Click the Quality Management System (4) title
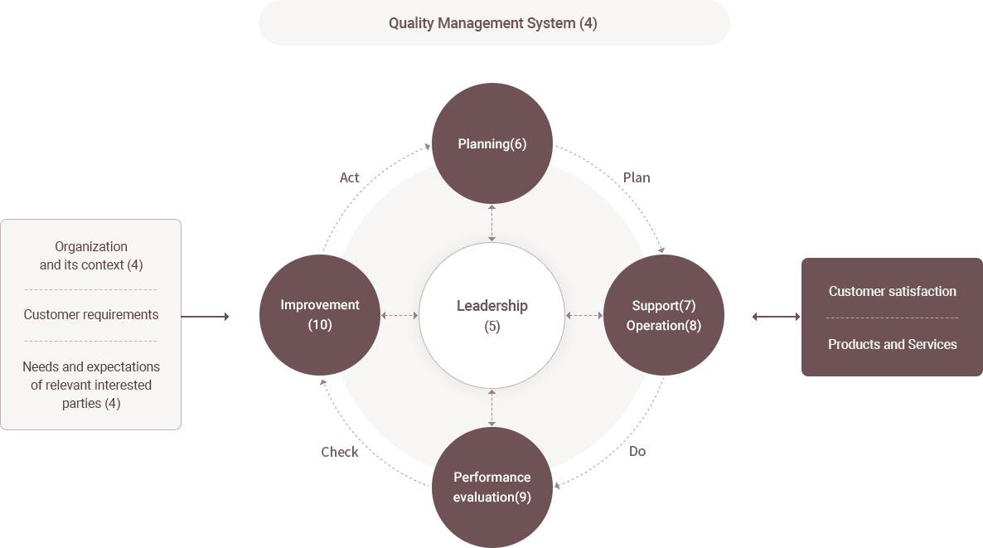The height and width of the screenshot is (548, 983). (x=493, y=23)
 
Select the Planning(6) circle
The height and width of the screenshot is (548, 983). (x=492, y=143)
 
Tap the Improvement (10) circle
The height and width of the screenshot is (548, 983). (x=320, y=315)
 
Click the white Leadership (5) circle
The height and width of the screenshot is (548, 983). (x=492, y=315)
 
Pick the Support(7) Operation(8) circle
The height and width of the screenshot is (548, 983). (x=664, y=315)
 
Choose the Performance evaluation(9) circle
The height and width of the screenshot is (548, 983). (x=492, y=487)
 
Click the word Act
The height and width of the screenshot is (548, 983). (x=349, y=177)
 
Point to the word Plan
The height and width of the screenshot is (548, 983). (x=637, y=177)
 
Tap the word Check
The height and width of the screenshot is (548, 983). (x=340, y=452)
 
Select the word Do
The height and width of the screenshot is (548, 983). (x=637, y=451)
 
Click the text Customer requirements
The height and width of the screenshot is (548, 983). (x=91, y=315)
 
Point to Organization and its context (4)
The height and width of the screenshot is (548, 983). (x=91, y=256)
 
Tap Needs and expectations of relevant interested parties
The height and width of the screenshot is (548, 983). (x=91, y=385)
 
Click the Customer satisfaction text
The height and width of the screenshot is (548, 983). (x=892, y=291)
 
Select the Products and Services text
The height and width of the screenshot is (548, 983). (x=892, y=344)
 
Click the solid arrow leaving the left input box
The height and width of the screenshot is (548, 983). (x=205, y=317)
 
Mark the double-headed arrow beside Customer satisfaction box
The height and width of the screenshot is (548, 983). (x=776, y=317)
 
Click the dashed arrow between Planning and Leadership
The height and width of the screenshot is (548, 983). (x=492, y=223)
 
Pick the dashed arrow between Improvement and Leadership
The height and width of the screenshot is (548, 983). (x=399, y=315)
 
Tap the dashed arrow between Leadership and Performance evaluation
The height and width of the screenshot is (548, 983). (x=492, y=408)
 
